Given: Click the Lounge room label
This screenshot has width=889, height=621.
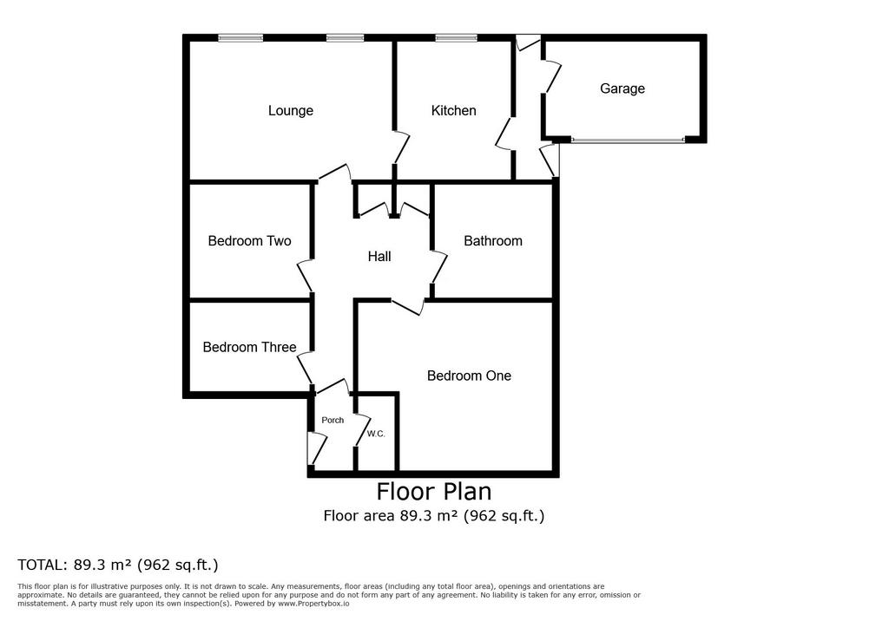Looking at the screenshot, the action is pos(290,110).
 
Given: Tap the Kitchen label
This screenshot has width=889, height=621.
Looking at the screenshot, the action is pos(453,110).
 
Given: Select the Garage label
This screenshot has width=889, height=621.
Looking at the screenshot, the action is pos(622,89).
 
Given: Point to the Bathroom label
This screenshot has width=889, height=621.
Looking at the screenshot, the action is pos(493,241).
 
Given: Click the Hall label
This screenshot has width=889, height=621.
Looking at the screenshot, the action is pos(379,257).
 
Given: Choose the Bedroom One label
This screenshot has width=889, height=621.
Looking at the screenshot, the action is pos(469,376).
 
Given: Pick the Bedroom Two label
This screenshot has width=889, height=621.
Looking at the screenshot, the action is pos(249,241).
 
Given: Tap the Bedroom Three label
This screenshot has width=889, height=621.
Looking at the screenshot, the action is pos(249,347).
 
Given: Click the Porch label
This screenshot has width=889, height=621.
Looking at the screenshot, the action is pos(333,420).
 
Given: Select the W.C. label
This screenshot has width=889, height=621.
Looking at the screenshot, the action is pos(375,434).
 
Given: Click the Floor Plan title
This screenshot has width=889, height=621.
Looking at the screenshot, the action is pos(434,491).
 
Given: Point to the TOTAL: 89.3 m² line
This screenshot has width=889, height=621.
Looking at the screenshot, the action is pos(118,565).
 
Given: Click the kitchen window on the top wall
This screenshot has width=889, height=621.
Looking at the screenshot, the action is pos(456,38).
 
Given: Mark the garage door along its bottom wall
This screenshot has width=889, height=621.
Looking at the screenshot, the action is pos(628,140).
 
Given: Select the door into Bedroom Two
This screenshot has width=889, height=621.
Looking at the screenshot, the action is pos(305,276).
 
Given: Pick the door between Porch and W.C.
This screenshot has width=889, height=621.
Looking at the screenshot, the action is pos(362,430).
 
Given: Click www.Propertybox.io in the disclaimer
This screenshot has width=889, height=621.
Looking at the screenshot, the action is pos(313,604).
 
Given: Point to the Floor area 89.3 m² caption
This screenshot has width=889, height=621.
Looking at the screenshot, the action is pos(434,515).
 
